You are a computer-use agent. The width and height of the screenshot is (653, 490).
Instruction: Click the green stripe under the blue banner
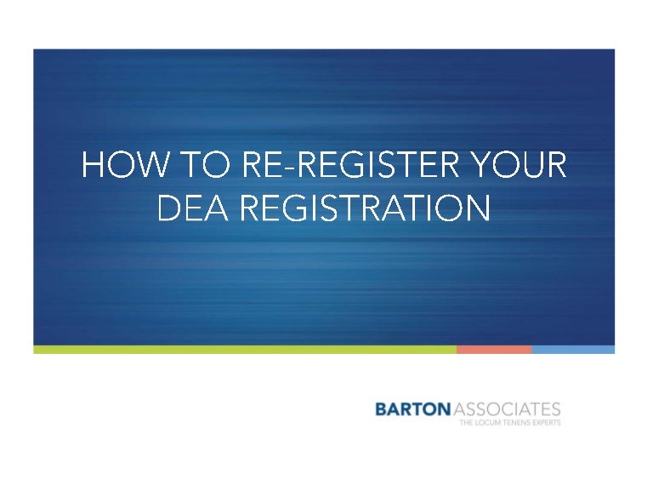pos(245,349)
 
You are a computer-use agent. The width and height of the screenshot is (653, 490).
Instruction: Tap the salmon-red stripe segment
pos(494,349)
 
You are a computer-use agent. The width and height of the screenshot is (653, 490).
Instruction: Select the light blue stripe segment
pos(573,349)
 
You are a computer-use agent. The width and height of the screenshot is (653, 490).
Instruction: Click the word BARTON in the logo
pos(412,409)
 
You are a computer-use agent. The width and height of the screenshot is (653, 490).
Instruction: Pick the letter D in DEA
pos(169,208)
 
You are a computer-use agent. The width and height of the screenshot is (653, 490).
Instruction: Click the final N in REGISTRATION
pos(479,208)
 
